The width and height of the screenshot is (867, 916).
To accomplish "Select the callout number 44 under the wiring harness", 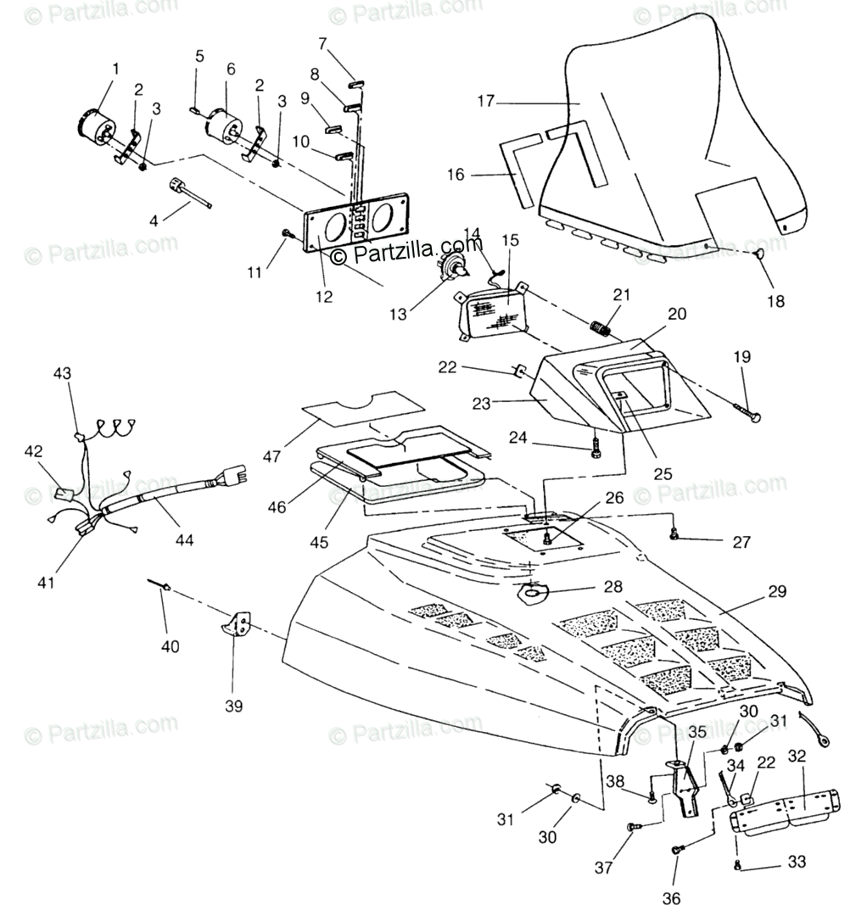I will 185,539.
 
